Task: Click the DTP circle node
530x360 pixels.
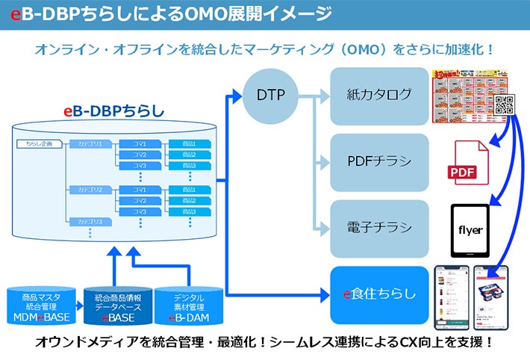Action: pos(271,96)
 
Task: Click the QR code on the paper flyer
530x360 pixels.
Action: pos(505,104)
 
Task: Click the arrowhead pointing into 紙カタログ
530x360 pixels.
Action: pos(324,96)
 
